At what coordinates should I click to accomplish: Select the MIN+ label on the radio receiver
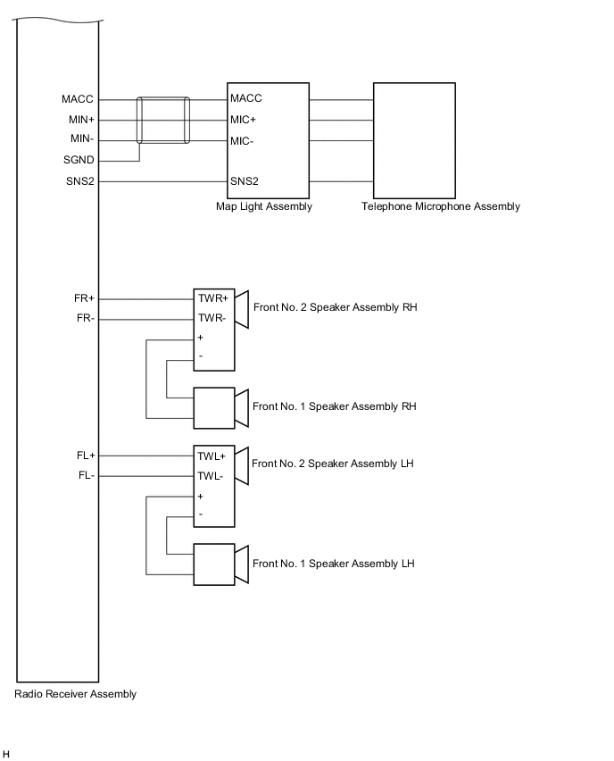click(81, 120)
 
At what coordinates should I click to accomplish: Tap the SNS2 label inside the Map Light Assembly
click(245, 181)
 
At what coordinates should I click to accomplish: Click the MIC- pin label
click(243, 141)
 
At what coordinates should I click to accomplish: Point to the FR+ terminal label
click(85, 298)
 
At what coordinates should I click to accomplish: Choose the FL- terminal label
click(86, 475)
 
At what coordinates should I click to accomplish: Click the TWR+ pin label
click(213, 298)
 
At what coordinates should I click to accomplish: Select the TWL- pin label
click(212, 475)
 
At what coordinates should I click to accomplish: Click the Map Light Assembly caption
click(264, 206)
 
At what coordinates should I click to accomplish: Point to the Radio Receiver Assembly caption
click(76, 694)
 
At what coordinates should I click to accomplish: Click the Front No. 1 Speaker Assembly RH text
click(335, 406)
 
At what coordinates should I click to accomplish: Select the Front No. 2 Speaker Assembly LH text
click(333, 464)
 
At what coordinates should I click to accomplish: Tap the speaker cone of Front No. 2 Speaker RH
click(241, 309)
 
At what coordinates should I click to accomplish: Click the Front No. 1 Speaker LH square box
click(214, 564)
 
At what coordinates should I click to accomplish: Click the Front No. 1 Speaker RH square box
click(214, 406)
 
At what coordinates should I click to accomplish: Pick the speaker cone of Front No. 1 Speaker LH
click(241, 564)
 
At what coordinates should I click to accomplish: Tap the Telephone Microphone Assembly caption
click(441, 206)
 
